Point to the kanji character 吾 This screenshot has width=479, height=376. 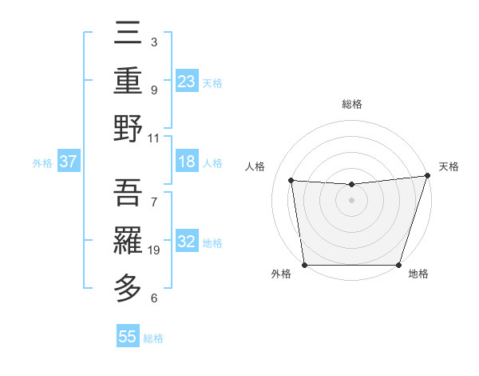pos(129,191)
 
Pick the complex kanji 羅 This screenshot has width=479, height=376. pos(129,239)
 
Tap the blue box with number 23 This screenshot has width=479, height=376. pos(187,82)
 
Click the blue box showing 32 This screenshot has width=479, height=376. pos(187,242)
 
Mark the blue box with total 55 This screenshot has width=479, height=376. pos(128,338)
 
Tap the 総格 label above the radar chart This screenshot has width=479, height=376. pos(351,104)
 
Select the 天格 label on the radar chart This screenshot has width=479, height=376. pos(449,166)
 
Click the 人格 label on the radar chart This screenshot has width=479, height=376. pos(255,166)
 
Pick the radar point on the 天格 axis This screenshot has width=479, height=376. pos(427,176)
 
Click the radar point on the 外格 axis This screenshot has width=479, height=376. pos(304,265)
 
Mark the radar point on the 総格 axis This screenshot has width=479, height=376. pos(351,185)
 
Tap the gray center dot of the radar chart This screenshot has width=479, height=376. pos(351,200)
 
